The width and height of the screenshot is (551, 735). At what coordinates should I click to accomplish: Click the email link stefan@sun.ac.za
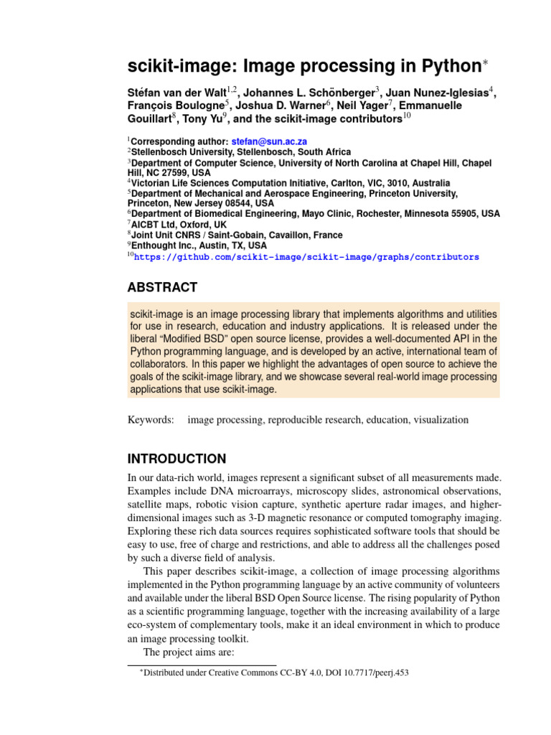pyautogui.click(x=269, y=141)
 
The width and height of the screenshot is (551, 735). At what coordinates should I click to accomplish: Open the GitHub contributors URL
pyautogui.click(x=306, y=256)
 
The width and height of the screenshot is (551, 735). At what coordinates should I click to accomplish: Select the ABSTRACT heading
pyautogui.click(x=162, y=288)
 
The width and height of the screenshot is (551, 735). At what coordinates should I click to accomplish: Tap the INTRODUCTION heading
pyautogui.click(x=176, y=459)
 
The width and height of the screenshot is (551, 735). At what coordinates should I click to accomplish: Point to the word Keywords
pyautogui.click(x=151, y=419)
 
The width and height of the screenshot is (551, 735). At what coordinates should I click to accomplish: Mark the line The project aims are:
pyautogui.click(x=187, y=652)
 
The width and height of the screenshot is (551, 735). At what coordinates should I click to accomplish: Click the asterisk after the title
pyautogui.click(x=484, y=63)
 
